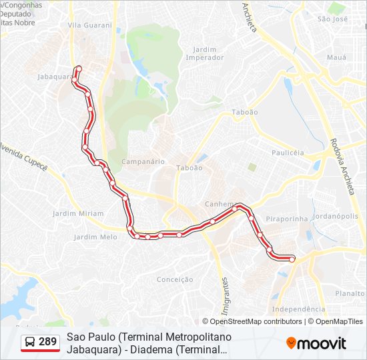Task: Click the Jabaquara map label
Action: (55, 77)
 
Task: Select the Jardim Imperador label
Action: (208, 53)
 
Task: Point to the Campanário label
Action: (143, 161)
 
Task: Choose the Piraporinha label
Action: (286, 217)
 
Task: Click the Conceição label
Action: (175, 279)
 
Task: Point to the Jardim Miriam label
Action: (78, 213)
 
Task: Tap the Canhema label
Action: (221, 204)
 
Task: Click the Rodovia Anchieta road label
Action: (341, 167)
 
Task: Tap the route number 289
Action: (48, 342)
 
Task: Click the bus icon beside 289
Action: (30, 343)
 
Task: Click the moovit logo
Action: (316, 343)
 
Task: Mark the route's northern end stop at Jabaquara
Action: (79, 68)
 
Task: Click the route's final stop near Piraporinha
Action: (292, 259)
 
